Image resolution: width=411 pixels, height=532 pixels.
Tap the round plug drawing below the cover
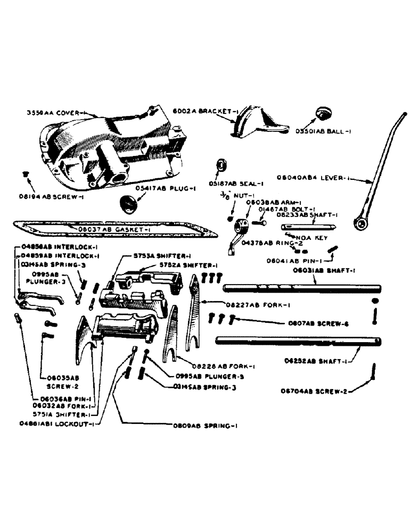pyautogui.click(x=129, y=204)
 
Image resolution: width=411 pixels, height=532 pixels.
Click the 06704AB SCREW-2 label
pyautogui.click(x=315, y=391)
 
